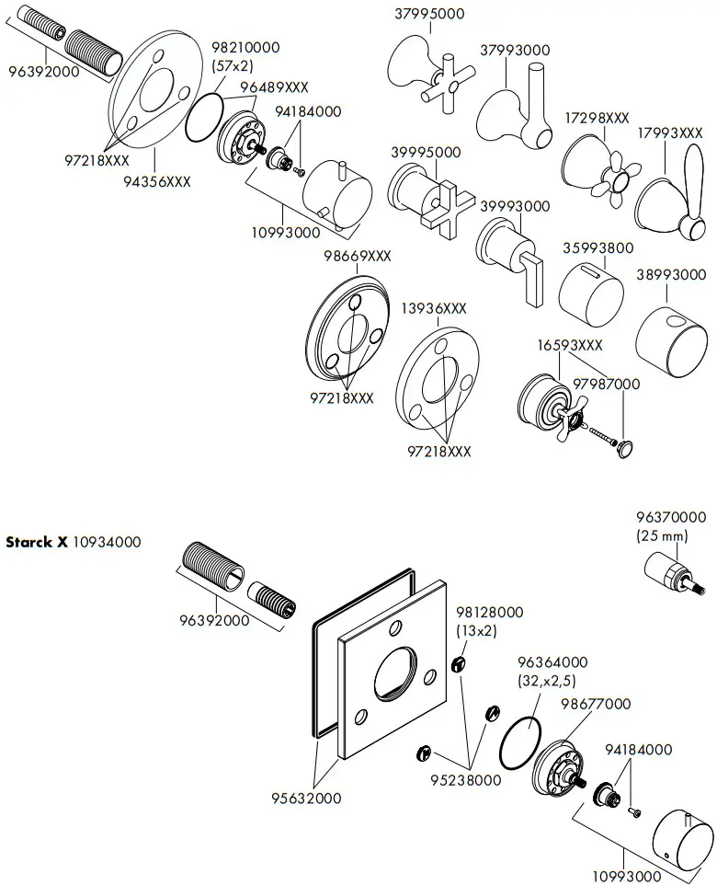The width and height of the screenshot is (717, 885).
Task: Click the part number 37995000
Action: pyautogui.click(x=429, y=14)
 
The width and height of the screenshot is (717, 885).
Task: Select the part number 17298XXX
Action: pyautogui.click(x=597, y=119)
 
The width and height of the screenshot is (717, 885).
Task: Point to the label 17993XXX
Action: pyautogui.click(x=670, y=132)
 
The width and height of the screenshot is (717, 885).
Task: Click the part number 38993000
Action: pyautogui.click(x=671, y=274)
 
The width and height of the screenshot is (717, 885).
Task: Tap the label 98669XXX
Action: pyautogui.click(x=357, y=256)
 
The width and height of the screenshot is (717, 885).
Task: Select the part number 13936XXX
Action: pyautogui.click(x=435, y=309)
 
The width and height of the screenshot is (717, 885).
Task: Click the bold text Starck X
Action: pyautogui.click(x=37, y=542)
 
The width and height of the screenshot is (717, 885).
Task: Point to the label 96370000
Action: pyautogui.click(x=671, y=518)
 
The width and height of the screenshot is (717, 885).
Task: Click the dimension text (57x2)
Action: pyautogui.click(x=233, y=65)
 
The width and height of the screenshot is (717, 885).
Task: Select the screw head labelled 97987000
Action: pyautogui.click(x=624, y=448)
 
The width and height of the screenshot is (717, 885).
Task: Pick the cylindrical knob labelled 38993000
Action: pyautogui.click(x=672, y=336)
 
